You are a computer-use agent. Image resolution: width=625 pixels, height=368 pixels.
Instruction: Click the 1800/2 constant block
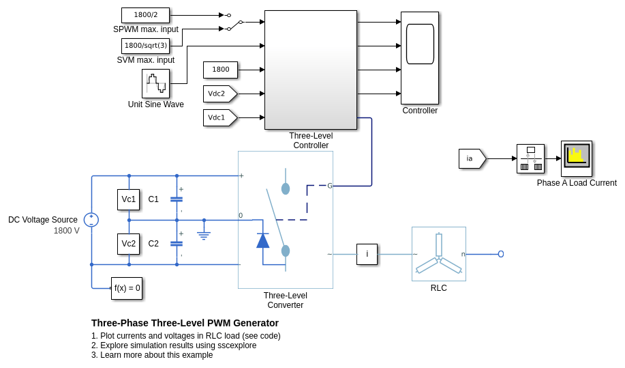click(145, 15)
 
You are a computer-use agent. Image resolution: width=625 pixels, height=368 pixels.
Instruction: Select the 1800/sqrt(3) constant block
click(145, 46)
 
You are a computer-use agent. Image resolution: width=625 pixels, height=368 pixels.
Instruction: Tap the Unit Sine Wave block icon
click(155, 83)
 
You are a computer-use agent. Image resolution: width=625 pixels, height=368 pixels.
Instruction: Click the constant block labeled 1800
click(220, 70)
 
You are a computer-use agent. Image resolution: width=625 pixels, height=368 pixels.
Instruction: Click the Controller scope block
click(419, 58)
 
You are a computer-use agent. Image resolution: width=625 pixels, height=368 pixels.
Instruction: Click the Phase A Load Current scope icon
click(576, 158)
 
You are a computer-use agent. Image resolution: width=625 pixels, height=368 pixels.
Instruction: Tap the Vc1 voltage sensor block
click(128, 199)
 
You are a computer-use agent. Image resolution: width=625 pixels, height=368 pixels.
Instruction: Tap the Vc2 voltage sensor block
click(128, 244)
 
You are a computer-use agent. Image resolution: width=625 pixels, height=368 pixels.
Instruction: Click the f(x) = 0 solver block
click(127, 288)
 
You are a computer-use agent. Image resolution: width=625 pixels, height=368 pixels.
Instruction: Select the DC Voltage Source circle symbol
click(91, 220)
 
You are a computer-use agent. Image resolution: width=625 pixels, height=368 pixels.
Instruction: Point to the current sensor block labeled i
click(367, 254)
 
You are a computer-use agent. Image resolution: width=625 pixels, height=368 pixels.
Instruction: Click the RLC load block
click(439, 254)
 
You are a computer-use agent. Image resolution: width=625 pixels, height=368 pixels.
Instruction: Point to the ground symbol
click(204, 234)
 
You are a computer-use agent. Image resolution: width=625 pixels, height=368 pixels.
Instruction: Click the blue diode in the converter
click(263, 240)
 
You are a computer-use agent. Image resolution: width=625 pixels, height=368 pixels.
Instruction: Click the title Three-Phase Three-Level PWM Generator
click(185, 323)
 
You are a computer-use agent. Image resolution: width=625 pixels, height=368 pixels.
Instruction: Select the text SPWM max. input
click(146, 29)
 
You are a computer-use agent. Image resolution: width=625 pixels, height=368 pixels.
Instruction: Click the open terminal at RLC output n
click(501, 254)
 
